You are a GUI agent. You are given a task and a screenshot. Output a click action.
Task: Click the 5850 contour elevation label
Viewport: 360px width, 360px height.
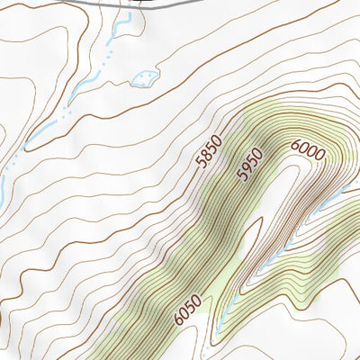pyautogui.click(x=209, y=163)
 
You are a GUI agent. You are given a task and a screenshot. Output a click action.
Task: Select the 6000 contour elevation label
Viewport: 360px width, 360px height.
pyautogui.click(x=307, y=150)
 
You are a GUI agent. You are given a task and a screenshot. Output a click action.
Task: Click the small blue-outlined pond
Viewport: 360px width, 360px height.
pyautogui.click(x=143, y=78)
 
